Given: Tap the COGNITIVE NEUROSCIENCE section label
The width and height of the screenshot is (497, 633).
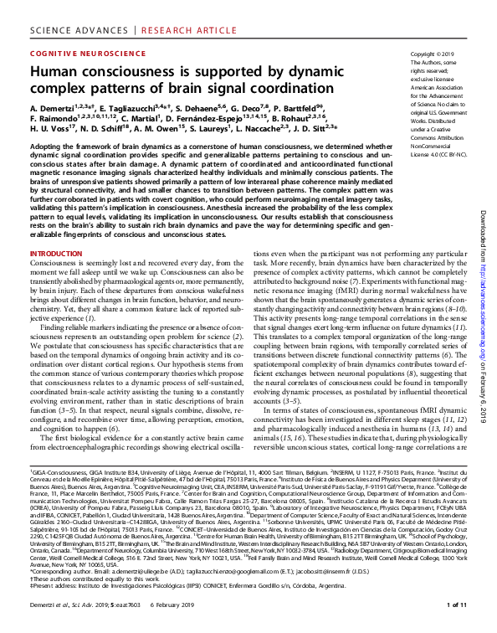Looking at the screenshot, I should click(78, 53).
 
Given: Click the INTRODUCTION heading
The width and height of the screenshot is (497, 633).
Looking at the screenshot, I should click(56, 253).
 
